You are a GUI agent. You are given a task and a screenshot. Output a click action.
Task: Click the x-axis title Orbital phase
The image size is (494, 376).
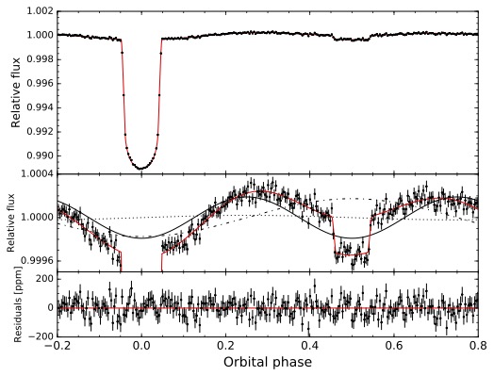[269, 362]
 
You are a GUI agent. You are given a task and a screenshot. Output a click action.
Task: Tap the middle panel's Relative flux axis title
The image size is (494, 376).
[12, 223]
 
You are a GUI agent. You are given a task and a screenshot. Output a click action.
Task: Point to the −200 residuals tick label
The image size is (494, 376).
[39, 336]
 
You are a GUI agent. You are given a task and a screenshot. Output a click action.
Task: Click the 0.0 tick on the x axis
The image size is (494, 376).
[141, 346]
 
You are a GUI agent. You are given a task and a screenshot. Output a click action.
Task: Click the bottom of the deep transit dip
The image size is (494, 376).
[141, 167]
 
